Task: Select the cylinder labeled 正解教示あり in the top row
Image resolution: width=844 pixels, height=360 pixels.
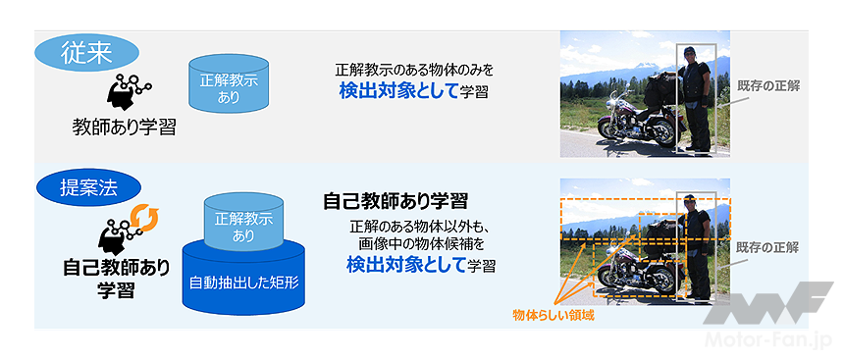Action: [229, 84]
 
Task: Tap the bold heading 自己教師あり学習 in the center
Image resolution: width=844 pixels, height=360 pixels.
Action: [396, 201]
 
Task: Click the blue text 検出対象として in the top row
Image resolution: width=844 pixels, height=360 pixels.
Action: [398, 91]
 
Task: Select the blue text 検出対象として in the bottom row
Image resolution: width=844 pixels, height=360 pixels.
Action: [406, 264]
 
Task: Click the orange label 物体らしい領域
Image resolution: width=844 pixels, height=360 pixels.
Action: [554, 315]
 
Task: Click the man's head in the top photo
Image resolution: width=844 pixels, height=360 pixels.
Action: [690, 53]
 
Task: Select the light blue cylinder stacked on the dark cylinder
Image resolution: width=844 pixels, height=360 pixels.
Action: [243, 226]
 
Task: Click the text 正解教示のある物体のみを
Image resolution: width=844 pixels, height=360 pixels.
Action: [414, 70]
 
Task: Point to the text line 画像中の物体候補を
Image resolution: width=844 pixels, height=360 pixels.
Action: [421, 244]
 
